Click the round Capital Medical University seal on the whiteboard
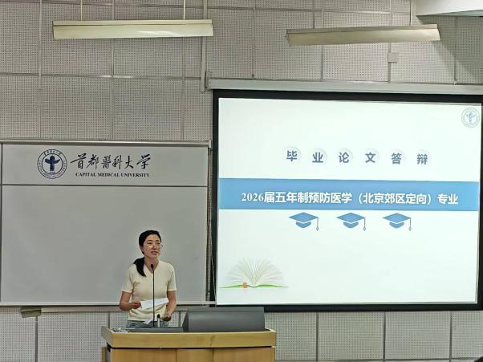tap(52, 165)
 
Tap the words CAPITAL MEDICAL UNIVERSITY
tap(112, 175)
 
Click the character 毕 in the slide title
tap(291, 156)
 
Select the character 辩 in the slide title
tap(422, 159)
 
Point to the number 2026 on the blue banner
tap(252, 197)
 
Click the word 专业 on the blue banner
tap(448, 199)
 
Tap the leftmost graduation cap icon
tap(304, 221)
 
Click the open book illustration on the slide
tap(254, 275)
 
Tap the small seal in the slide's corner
tap(470, 117)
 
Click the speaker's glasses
tap(152, 246)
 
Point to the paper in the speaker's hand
tap(154, 303)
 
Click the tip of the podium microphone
tap(152, 266)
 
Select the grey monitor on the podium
tap(224, 319)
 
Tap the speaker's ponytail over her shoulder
tap(140, 266)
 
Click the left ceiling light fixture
tap(132, 29)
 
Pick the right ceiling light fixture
tap(363, 35)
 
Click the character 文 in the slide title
tap(370, 157)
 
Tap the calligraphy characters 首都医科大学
tap(111, 161)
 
